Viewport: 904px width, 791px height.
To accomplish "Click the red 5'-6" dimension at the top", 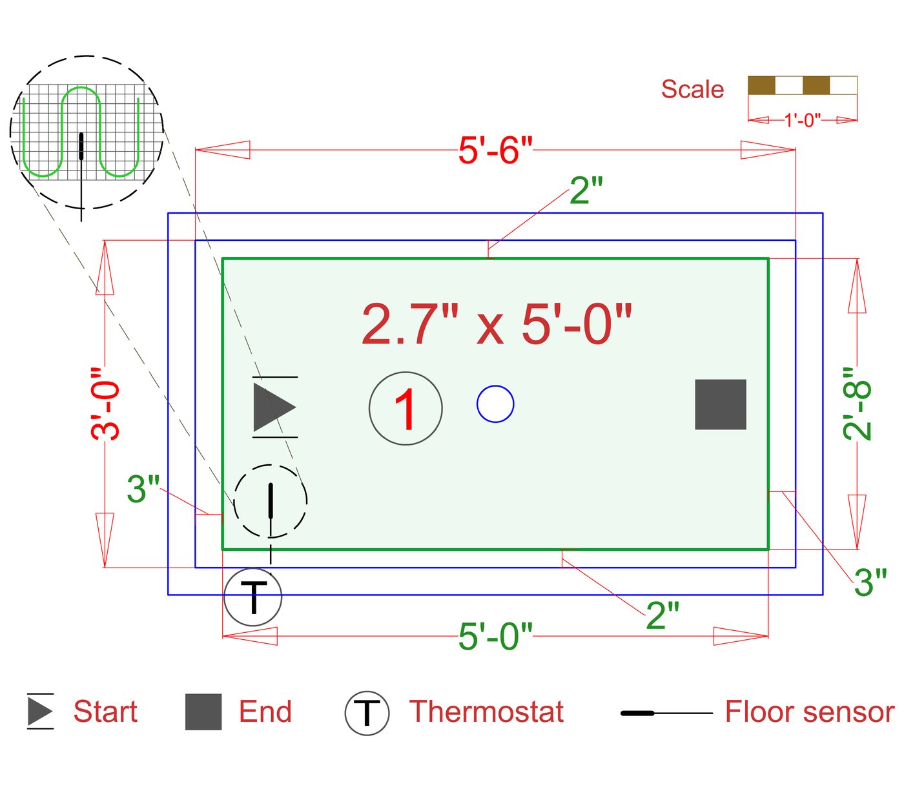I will click(495, 150).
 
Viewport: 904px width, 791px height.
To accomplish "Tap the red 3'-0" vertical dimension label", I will click(105, 404).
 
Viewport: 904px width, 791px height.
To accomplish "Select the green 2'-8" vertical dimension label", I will click(858, 404).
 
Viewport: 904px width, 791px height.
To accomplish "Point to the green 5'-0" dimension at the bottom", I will click(495, 637).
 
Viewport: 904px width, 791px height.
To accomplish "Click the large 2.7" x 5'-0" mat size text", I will click(496, 324).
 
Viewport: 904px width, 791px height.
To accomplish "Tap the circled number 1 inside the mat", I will click(406, 408).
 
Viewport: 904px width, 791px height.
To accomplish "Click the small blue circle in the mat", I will click(495, 404).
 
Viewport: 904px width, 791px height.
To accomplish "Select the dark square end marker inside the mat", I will click(721, 404).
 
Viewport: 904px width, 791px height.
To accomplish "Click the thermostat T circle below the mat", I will click(253, 597).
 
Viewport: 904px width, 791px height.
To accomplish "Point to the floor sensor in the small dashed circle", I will click(271, 501).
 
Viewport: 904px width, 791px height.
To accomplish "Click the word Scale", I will click(692, 89).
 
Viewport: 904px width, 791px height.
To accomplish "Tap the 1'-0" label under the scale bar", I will click(802, 120).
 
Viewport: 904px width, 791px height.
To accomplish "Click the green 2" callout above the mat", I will click(586, 190).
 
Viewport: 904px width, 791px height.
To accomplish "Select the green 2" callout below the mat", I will click(663, 615).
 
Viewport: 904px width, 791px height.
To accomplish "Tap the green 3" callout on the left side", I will click(143, 489).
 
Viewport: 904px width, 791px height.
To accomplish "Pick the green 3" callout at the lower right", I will click(870, 582).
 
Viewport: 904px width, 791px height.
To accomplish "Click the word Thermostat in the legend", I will click(486, 712).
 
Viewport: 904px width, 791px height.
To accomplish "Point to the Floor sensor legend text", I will click(809, 712).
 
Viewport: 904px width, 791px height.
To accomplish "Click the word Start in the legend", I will click(105, 712).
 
